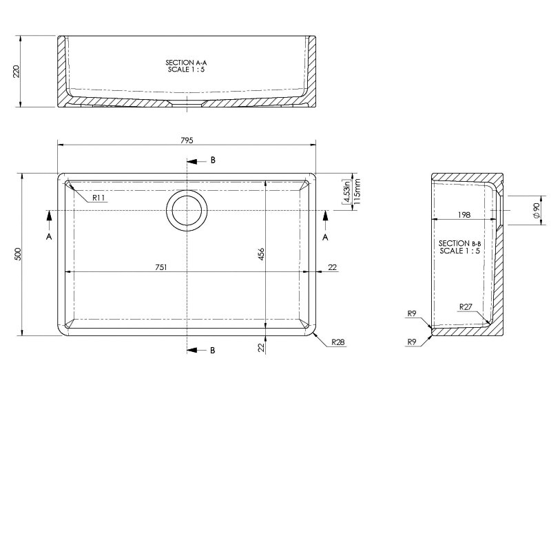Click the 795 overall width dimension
[x=187, y=140]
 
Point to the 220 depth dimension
[x=17, y=71]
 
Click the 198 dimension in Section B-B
[x=464, y=216]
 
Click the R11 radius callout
[x=98, y=198]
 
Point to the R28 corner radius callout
[x=337, y=342]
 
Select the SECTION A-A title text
[x=186, y=62]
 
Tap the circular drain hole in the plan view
[x=186, y=210]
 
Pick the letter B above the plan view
[x=213, y=160]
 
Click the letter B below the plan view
[x=213, y=351]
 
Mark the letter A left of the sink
[x=48, y=236]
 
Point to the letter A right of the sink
[x=326, y=236]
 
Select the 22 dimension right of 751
[x=332, y=267]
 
